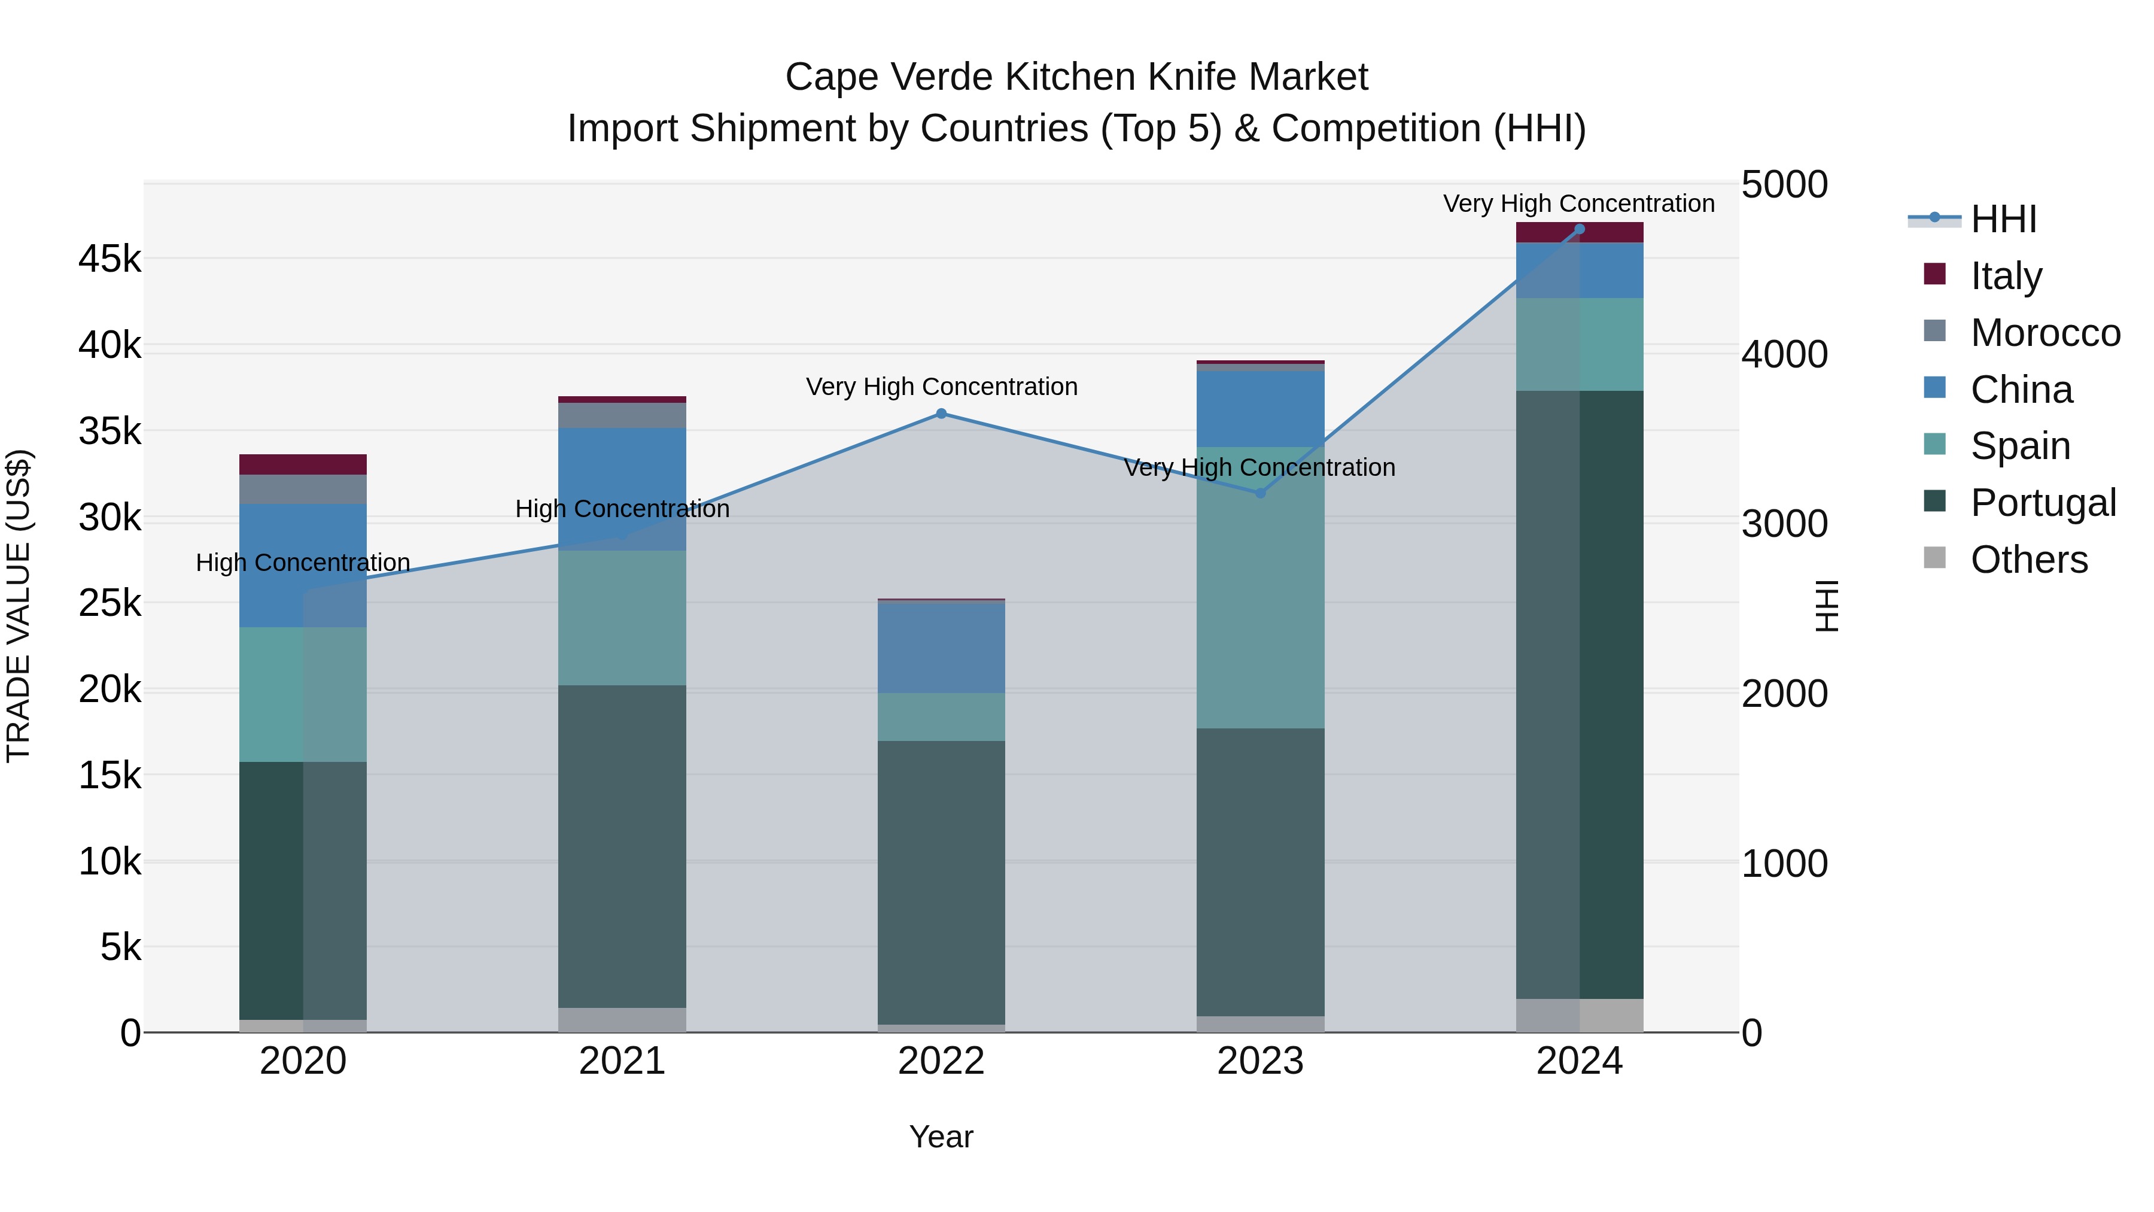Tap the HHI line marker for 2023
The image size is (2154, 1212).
pyautogui.click(x=1260, y=493)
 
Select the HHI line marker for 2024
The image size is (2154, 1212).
pyautogui.click(x=1580, y=229)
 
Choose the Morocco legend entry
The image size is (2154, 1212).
pyautogui.click(x=2045, y=332)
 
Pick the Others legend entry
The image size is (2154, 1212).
pyautogui.click(x=2028, y=559)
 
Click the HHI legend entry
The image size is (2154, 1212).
pyautogui.click(x=2003, y=219)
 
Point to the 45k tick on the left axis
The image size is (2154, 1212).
pyautogui.click(x=109, y=259)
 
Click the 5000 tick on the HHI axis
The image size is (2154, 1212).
pyautogui.click(x=1784, y=185)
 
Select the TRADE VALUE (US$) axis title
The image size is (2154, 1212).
pyautogui.click(x=19, y=606)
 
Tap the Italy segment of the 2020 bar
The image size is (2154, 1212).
pyautogui.click(x=303, y=464)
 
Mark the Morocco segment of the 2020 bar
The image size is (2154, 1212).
pyautogui.click(x=303, y=490)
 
